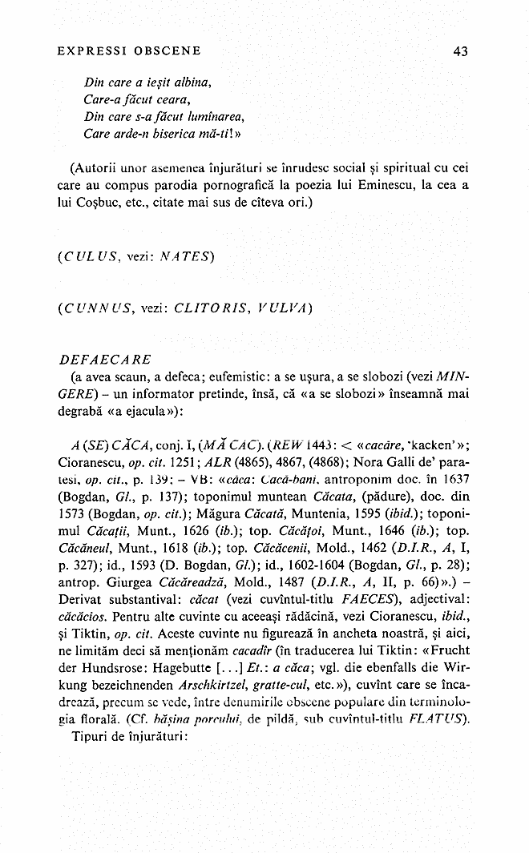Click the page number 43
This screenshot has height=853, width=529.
point(460,51)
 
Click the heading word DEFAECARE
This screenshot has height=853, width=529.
point(100,360)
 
